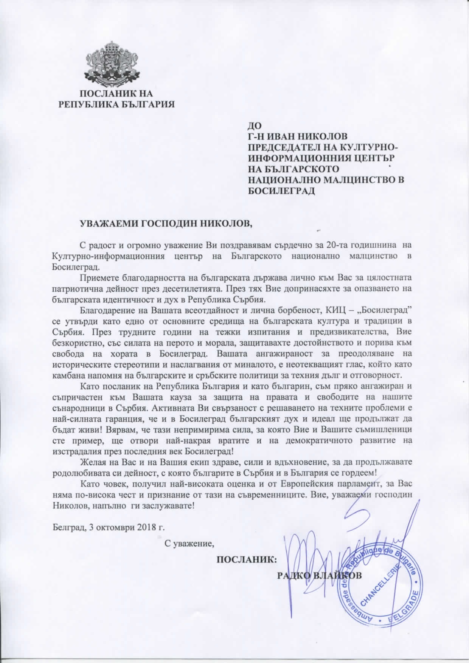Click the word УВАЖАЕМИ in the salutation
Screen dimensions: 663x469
click(x=108, y=223)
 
